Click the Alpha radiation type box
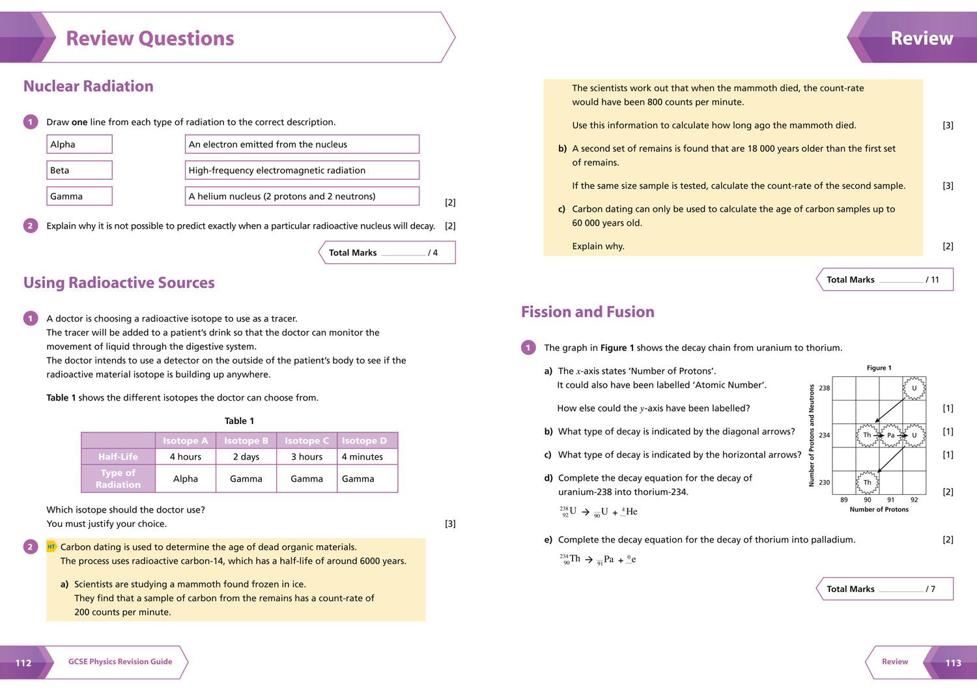coord(79,144)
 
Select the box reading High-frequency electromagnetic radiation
coord(302,170)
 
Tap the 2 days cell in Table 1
coord(246,457)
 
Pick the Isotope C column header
coord(307,441)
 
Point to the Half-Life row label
coord(118,457)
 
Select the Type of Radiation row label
coord(118,479)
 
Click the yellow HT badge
coord(51,547)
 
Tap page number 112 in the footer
coord(23,662)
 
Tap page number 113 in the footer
coord(953,662)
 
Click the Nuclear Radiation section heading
coord(89,86)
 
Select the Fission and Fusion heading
coord(588,312)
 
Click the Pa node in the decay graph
coord(890,435)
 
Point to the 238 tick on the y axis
coord(824,388)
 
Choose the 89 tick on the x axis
coord(844,500)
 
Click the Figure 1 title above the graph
coord(879,368)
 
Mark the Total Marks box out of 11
coord(884,279)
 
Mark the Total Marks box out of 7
coord(884,589)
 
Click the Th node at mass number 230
coord(867,483)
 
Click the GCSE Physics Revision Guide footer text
coord(120,662)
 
